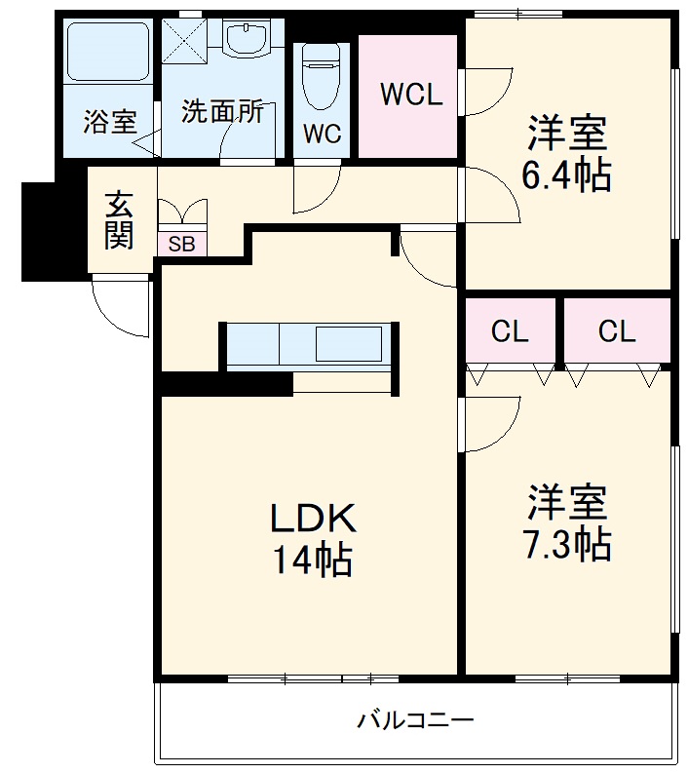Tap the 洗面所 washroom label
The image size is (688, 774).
pos(222,111)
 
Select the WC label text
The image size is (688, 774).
pos(322,135)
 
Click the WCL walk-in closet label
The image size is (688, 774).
pos(411,95)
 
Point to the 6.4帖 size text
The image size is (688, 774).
pos(567,175)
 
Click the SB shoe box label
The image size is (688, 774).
pos(181,244)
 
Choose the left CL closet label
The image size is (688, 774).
pos(510,331)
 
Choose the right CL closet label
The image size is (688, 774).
pos(617,331)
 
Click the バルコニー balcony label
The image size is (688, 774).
pos(415,721)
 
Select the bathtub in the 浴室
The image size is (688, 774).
pos(107,53)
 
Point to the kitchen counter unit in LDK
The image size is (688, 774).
pos(307,345)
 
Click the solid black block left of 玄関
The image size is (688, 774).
pos(39,231)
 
